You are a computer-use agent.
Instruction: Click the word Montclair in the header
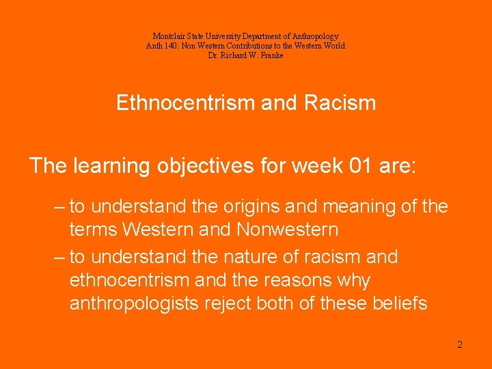[166, 36]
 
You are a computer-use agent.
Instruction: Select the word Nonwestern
[287, 230]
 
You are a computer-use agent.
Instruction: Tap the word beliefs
[399, 304]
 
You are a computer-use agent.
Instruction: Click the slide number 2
[460, 344]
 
